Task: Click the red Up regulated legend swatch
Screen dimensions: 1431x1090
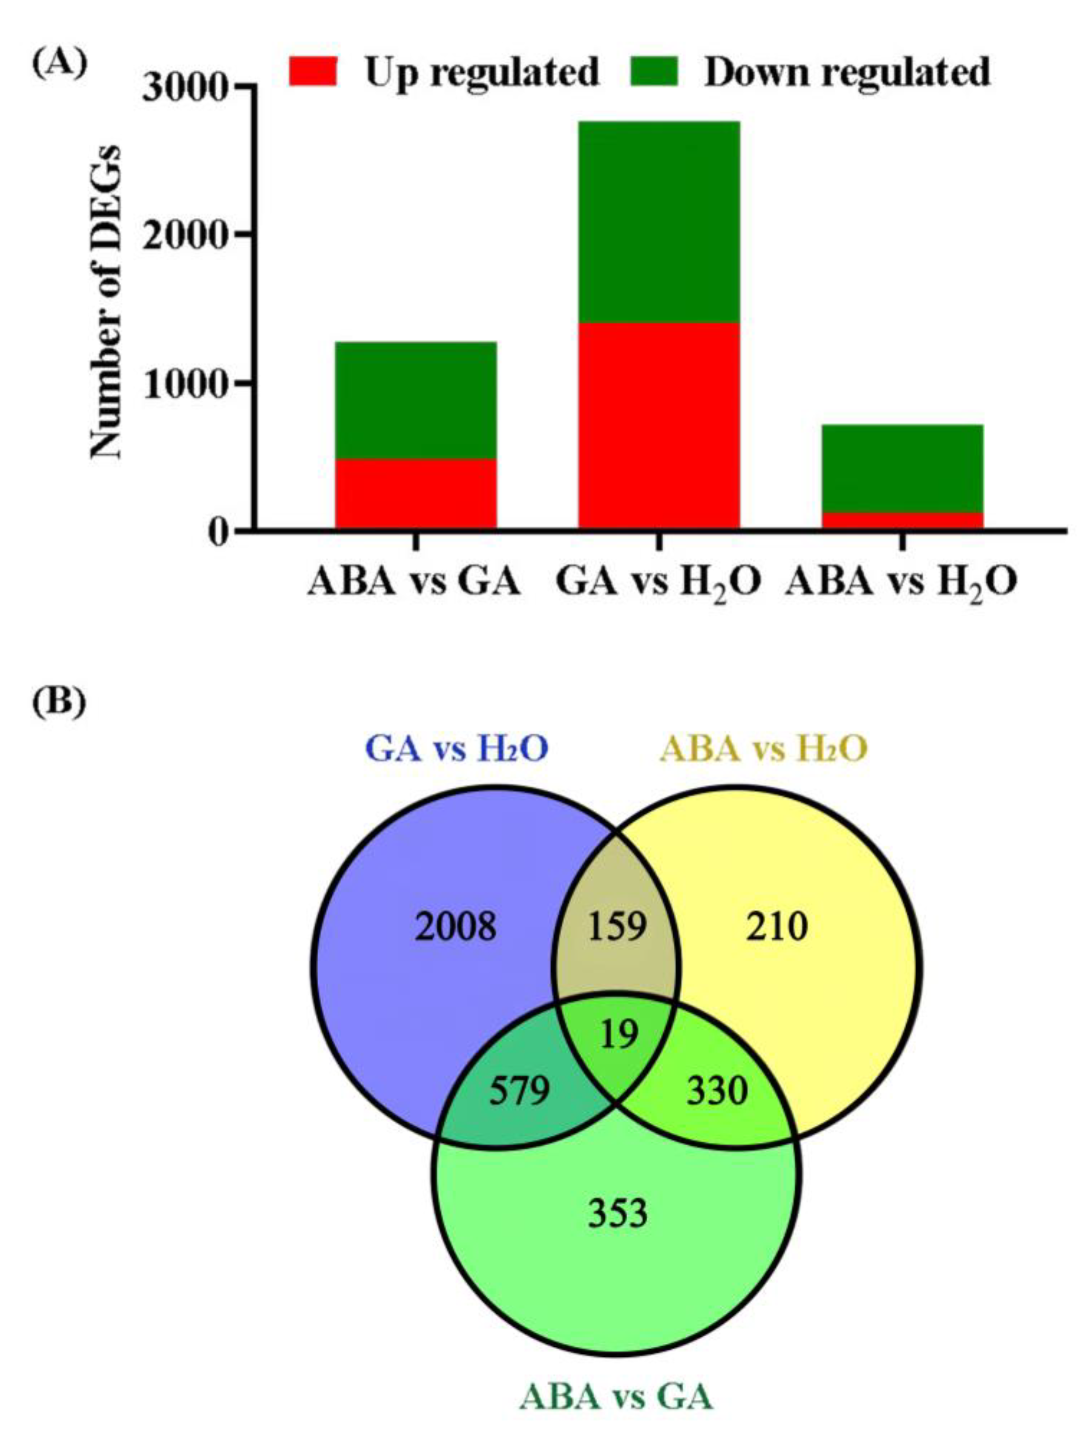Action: [x=313, y=71]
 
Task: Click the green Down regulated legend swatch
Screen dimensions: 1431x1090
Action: [x=654, y=71]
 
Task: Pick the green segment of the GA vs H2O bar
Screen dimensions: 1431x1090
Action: [x=659, y=222]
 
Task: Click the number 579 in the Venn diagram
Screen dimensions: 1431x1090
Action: [x=519, y=1092]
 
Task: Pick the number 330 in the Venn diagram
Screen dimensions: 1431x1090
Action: [x=717, y=1092]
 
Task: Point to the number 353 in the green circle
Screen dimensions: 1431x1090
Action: [x=618, y=1213]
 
